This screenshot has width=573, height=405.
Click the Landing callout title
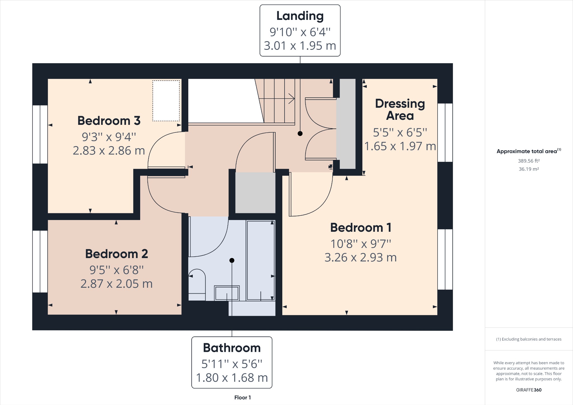click(x=300, y=16)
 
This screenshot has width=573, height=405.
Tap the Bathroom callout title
click(x=232, y=348)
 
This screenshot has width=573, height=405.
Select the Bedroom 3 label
click(x=109, y=121)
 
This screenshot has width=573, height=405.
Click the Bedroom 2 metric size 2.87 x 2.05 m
click(x=116, y=284)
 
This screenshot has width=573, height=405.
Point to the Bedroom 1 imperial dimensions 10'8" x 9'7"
click(x=361, y=244)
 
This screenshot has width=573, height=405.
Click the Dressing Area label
click(x=400, y=109)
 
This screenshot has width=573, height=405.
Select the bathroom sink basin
click(x=227, y=293)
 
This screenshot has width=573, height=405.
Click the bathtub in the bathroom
click(x=260, y=260)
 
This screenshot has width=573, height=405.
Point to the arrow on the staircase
click(x=291, y=99)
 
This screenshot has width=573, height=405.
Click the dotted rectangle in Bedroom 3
click(x=166, y=101)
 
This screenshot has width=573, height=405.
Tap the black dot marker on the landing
click(x=300, y=134)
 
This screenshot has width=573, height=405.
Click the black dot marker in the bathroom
click(x=232, y=260)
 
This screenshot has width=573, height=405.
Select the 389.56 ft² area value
click(x=529, y=161)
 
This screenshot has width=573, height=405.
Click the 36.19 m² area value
click(x=529, y=169)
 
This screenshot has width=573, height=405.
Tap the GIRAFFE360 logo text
click(x=529, y=390)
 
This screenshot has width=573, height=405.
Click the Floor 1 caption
click(x=242, y=397)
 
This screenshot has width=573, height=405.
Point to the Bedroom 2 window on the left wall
click(x=40, y=261)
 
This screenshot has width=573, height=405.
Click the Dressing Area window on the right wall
click(x=445, y=132)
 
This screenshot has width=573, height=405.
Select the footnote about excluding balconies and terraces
click(x=529, y=339)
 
